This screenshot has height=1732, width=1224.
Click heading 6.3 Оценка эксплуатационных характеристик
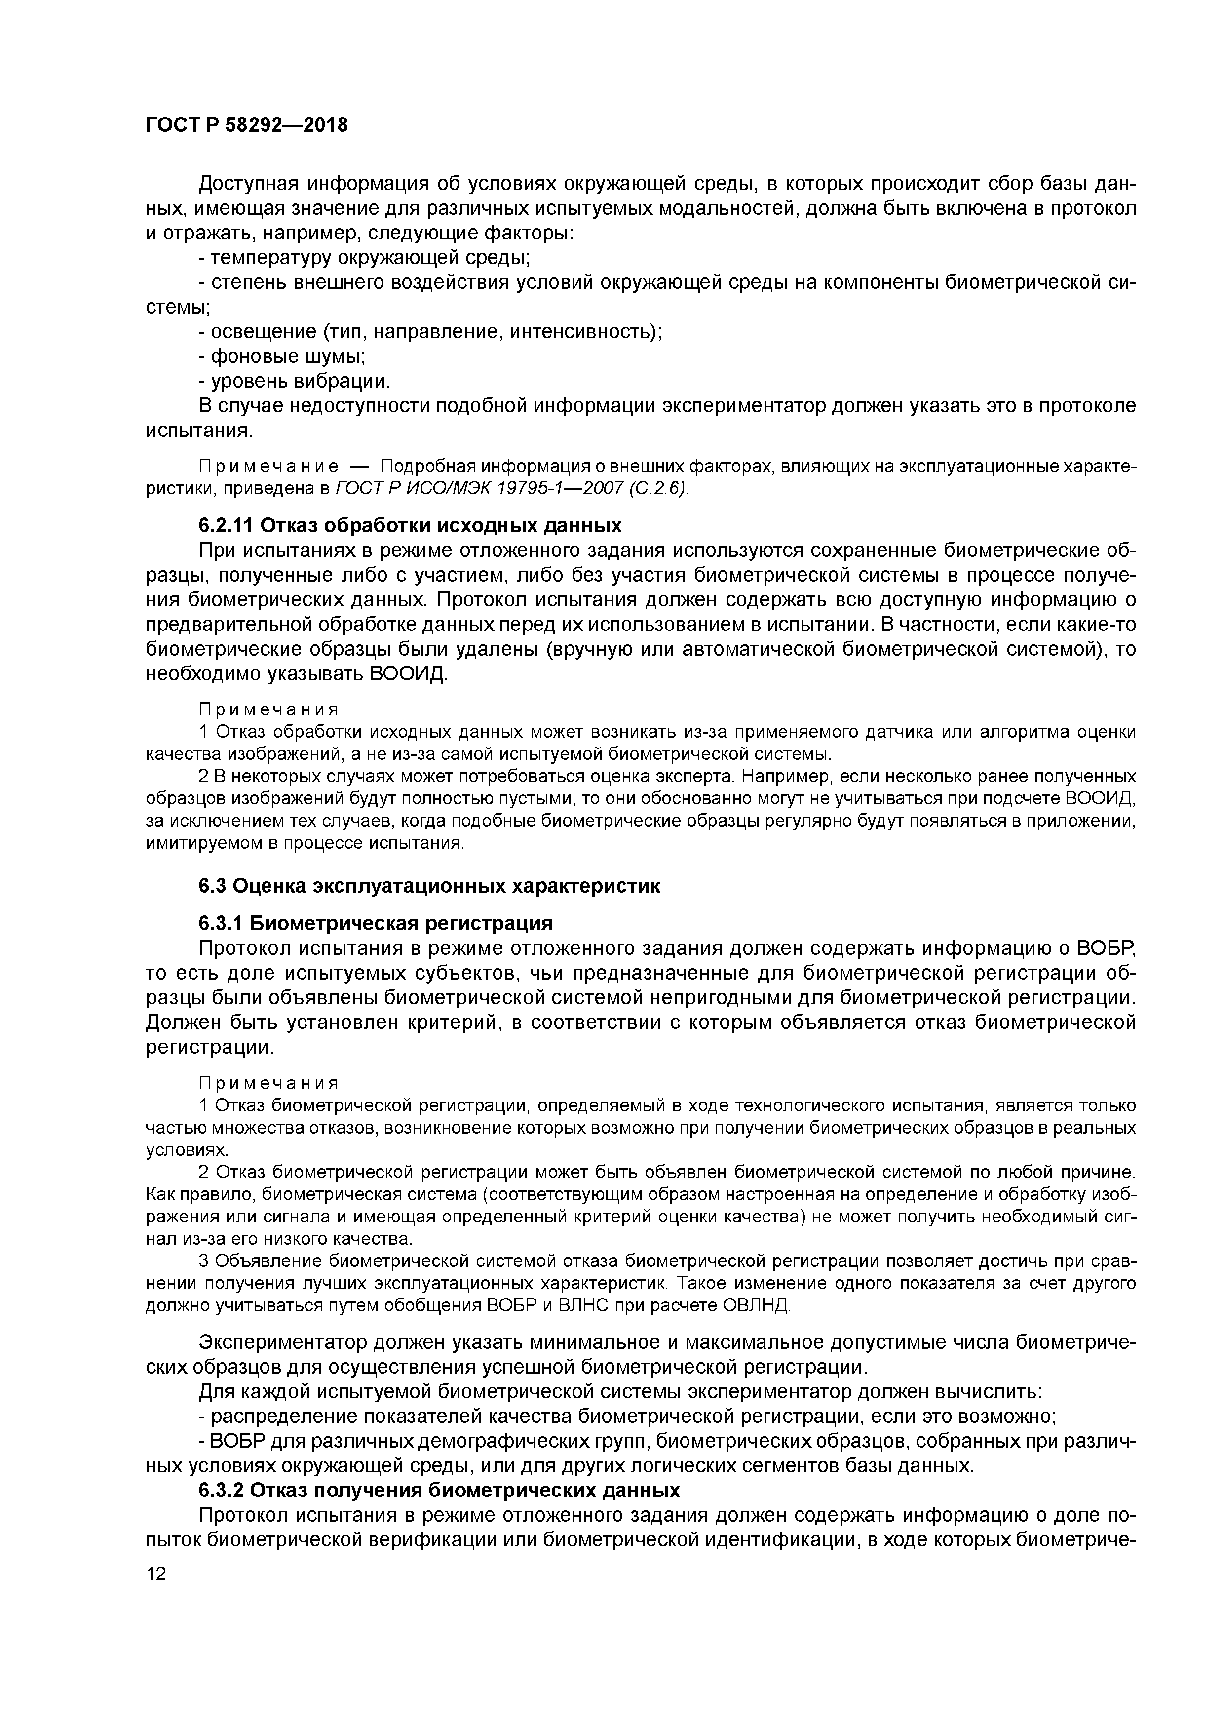coord(429,886)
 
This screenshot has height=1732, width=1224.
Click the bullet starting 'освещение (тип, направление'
coord(430,331)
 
